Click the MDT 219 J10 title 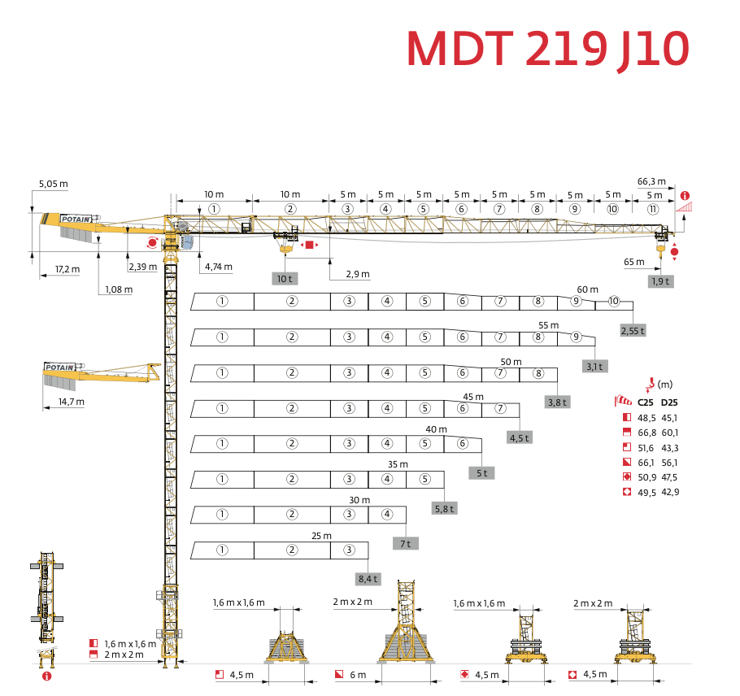(548, 50)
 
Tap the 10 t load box (284, 278)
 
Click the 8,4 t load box (368, 579)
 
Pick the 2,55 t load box (632, 331)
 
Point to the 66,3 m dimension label (651, 181)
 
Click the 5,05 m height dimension (53, 184)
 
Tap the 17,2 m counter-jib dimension (67, 269)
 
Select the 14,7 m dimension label (70, 402)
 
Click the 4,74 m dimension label (218, 267)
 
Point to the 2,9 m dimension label (357, 275)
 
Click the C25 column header (646, 402)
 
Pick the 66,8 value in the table (646, 432)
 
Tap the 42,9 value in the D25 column (670, 492)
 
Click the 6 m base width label (358, 675)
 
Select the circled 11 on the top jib (653, 209)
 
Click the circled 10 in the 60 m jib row (614, 301)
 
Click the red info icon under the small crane (46, 675)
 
